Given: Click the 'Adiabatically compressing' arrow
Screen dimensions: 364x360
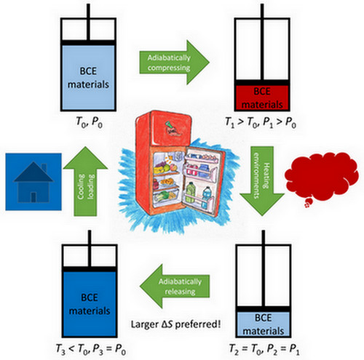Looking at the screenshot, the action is (173, 63).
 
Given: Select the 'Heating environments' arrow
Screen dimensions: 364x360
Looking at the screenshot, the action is (262, 180).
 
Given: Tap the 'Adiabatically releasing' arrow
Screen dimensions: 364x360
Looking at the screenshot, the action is (175, 286).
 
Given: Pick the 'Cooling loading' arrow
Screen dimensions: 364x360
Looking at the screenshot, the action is (85, 181).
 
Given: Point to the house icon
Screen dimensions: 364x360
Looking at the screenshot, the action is (33, 182).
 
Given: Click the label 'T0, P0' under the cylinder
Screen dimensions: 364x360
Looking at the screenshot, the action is (89, 121).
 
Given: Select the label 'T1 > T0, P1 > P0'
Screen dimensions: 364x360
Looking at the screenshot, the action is (261, 122).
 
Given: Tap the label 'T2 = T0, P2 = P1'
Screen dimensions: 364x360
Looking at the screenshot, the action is (264, 350).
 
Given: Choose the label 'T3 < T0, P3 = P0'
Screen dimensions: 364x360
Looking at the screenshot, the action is (91, 349).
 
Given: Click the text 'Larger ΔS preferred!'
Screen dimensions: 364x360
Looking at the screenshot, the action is (176, 324).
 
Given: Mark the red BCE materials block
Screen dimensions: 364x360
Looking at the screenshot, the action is (262, 97).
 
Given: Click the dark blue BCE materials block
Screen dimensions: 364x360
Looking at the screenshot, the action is (90, 303).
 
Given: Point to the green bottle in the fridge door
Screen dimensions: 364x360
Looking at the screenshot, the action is (190, 193).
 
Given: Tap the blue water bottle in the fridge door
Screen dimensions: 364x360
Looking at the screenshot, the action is (207, 197).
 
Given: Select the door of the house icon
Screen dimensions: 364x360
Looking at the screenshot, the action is (33, 197).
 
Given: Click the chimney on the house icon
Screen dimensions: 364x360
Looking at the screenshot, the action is (44, 168).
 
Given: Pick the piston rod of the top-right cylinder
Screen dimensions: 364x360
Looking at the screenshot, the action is (262, 41).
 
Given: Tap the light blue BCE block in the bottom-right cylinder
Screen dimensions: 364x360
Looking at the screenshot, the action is (264, 324).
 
